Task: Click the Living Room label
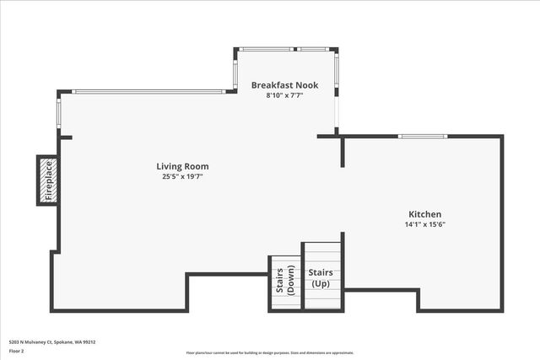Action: pyautogui.click(x=182, y=167)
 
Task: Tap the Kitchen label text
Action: pyautogui.click(x=424, y=214)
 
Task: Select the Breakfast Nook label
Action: pyautogui.click(x=283, y=85)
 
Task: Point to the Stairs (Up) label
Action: pyautogui.click(x=321, y=277)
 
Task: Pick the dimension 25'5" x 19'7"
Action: pyautogui.click(x=182, y=177)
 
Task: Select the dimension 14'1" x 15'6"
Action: pyautogui.click(x=424, y=224)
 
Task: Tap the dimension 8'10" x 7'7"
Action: pyautogui.click(x=283, y=95)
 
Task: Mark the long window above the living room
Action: pyautogui.click(x=148, y=92)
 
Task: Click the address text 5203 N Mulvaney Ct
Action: pyautogui.click(x=29, y=341)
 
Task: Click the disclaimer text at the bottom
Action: pyautogui.click(x=269, y=353)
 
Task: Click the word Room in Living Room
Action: pyautogui.click(x=197, y=167)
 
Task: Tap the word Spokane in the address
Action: pyautogui.click(x=65, y=341)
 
